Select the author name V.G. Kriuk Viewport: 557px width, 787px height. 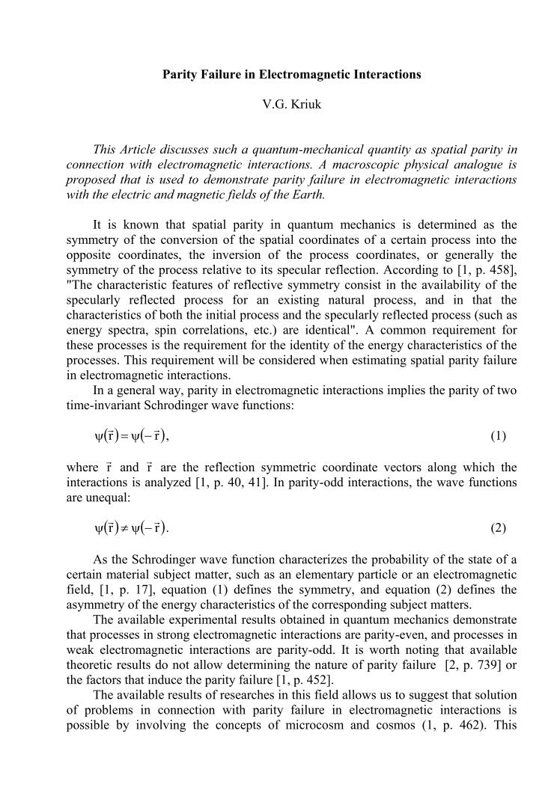[x=292, y=105]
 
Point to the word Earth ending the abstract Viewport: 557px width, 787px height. [x=308, y=195]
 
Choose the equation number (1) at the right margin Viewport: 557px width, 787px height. [x=498, y=435]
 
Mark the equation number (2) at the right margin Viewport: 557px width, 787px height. [x=498, y=528]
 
